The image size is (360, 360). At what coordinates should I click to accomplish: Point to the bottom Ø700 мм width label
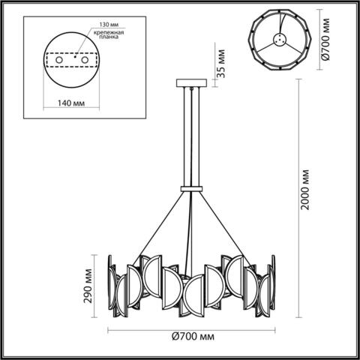[x=190, y=337]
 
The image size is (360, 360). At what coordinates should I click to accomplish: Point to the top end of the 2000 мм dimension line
[x=298, y=79]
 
